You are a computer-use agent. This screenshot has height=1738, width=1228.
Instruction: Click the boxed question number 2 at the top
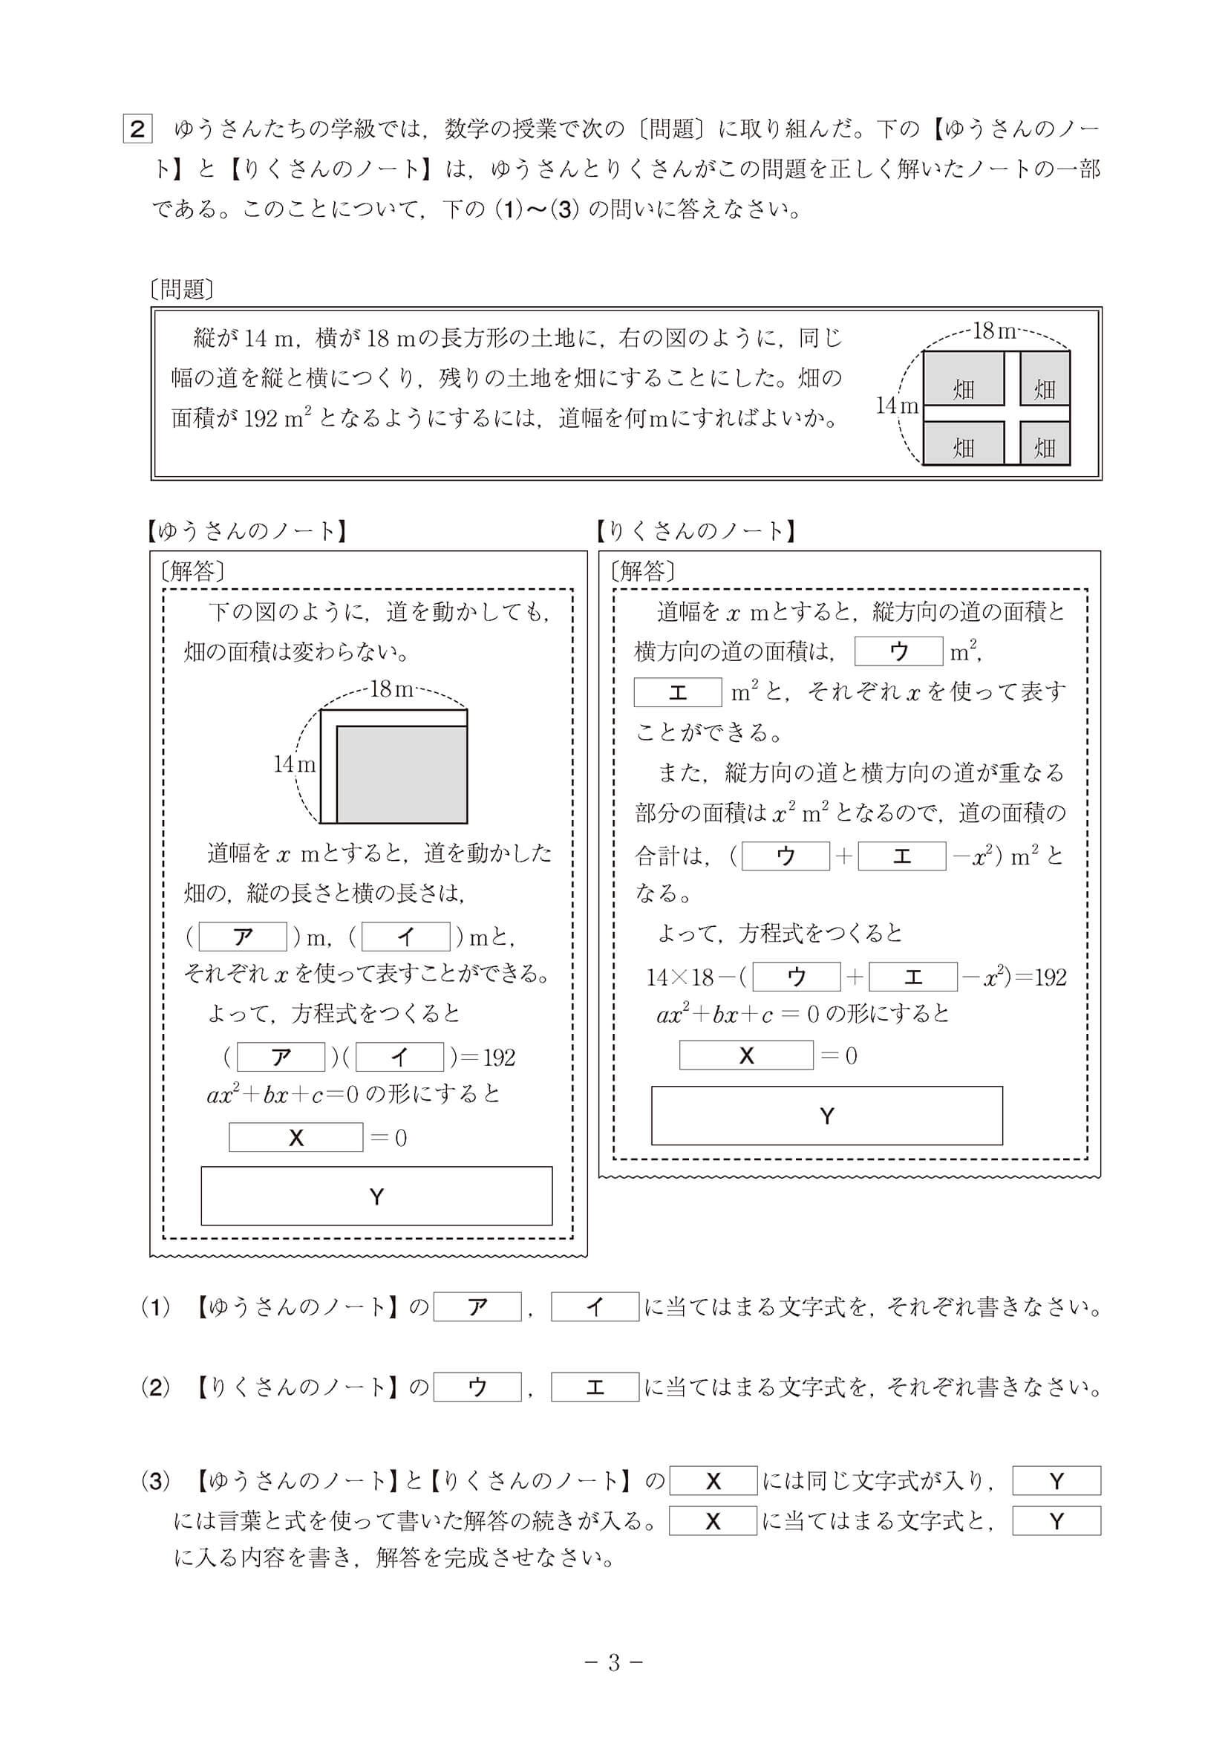click(x=137, y=128)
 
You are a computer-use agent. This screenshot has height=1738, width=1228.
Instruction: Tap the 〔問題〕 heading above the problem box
click(x=183, y=289)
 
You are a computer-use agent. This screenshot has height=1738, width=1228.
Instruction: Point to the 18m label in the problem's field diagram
click(x=993, y=331)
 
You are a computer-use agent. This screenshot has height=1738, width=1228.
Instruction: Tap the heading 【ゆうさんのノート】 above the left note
click(x=246, y=531)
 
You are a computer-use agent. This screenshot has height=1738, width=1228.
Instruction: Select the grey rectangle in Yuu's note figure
click(x=401, y=774)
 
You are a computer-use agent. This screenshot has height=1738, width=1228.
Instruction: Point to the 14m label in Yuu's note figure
click(x=293, y=764)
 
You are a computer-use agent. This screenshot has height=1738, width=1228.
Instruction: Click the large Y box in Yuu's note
click(x=376, y=1197)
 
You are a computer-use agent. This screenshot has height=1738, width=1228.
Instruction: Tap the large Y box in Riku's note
click(x=826, y=1116)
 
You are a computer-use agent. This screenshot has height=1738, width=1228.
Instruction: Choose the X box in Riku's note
click(x=745, y=1055)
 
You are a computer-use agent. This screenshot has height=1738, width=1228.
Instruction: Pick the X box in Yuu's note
click(x=295, y=1137)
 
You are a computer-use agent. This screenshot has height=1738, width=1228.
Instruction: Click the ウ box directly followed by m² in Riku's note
click(x=898, y=651)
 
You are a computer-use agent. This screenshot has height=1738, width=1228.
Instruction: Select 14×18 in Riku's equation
click(x=679, y=977)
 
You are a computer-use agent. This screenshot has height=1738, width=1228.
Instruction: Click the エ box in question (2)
click(x=595, y=1387)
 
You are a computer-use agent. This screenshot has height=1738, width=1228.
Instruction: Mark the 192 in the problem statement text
click(x=261, y=418)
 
